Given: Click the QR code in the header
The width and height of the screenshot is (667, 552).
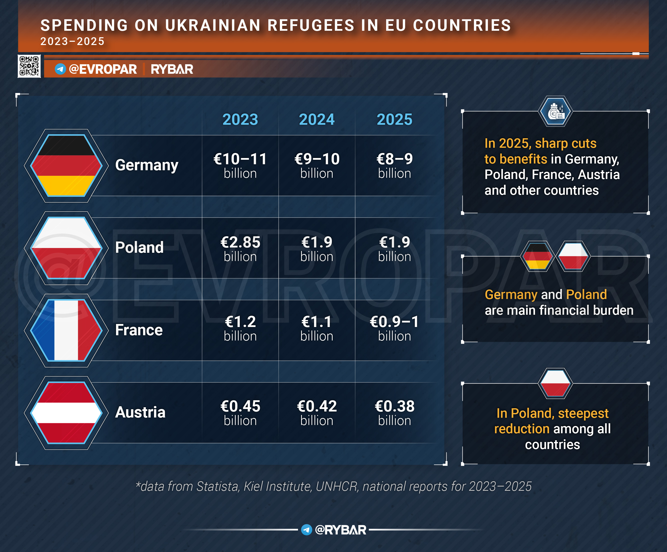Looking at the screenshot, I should (29, 66).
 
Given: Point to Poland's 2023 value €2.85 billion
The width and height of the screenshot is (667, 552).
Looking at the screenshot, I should (240, 248).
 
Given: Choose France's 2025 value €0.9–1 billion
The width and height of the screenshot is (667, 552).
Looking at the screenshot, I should (394, 328).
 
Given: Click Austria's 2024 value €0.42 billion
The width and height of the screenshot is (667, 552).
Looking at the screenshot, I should (317, 412).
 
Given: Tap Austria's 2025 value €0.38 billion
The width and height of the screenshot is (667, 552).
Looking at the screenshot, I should (394, 412).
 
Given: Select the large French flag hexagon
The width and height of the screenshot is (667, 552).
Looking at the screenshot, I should (66, 330).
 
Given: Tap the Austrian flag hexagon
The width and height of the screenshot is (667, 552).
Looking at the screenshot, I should (66, 413).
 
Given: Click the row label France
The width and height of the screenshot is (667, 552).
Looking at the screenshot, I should (139, 330).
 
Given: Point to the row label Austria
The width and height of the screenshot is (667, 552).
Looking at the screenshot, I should (140, 412).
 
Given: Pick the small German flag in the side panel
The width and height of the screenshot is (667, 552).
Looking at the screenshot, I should (537, 256).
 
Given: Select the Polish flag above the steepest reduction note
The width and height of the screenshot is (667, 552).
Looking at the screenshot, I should (555, 383).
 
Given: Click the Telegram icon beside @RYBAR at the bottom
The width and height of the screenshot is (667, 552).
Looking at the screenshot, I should (307, 529).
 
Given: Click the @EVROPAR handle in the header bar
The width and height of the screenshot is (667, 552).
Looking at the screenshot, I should (102, 69).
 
